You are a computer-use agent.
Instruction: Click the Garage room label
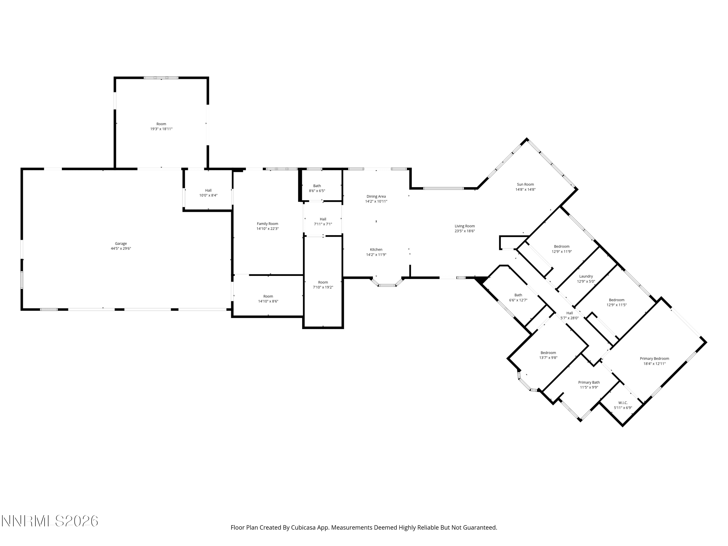(121, 244)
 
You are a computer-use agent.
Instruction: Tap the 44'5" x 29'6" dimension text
(121, 248)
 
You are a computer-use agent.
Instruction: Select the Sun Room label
(525, 184)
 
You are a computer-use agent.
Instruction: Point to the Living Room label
(465, 226)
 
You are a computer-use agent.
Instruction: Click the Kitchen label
(376, 249)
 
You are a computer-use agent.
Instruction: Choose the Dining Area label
(376, 197)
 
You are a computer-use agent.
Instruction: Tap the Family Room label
(268, 224)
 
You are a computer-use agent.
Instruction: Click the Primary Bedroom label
(654, 359)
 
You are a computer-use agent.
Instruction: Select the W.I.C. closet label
(623, 403)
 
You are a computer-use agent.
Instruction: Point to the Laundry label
(586, 276)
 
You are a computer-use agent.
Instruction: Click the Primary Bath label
(589, 382)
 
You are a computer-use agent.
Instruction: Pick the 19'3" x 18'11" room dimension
(161, 129)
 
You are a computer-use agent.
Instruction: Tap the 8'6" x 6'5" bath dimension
(317, 191)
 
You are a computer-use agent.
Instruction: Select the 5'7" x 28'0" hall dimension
(570, 318)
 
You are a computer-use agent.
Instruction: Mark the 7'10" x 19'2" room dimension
(323, 287)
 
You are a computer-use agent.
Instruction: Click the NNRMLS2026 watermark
(50, 521)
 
